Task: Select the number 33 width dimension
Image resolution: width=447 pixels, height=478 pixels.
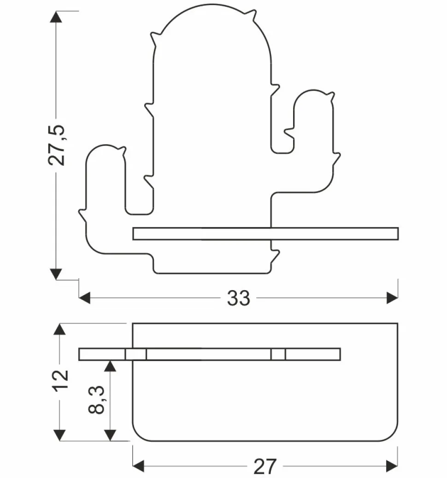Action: click(x=239, y=299)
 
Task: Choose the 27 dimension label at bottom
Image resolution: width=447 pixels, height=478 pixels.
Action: click(x=265, y=466)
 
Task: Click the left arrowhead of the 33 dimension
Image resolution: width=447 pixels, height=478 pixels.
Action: click(x=85, y=298)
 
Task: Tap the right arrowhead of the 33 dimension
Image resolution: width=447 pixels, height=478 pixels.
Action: click(x=392, y=298)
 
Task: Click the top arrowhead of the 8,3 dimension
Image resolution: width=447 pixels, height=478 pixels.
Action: click(x=110, y=366)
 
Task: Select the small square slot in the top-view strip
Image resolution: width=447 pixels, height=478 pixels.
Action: click(x=136, y=354)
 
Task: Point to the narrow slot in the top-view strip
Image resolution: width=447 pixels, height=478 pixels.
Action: click(x=278, y=354)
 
